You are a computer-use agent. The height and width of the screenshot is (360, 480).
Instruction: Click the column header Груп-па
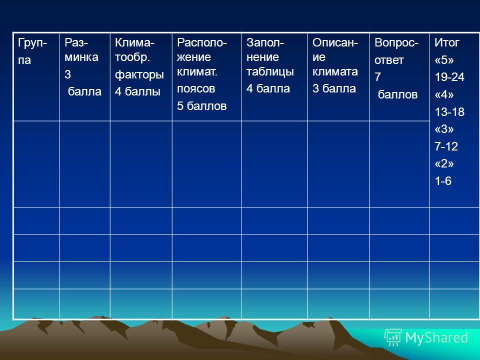32,51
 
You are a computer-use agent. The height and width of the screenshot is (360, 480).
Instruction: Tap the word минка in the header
81,57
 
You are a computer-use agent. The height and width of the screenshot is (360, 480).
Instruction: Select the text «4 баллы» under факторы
137,91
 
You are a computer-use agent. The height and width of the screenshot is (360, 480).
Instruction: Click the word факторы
139,74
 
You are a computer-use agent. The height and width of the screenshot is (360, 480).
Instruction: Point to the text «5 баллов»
201,106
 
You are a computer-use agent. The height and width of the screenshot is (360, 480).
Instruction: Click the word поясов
196,89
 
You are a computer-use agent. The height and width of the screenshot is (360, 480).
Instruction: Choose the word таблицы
270,72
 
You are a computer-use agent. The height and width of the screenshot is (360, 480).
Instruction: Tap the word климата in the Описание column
335,71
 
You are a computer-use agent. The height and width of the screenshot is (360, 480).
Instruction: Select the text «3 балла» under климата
334,88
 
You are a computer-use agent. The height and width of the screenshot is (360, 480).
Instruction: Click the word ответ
389,60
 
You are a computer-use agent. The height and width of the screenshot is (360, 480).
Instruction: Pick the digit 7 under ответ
378,77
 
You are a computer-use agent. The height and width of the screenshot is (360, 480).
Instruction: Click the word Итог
447,42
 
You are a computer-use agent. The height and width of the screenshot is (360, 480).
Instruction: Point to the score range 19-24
449,77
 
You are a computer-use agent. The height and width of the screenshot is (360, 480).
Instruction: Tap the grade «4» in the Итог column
444,94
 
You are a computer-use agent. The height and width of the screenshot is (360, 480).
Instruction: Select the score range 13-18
449,112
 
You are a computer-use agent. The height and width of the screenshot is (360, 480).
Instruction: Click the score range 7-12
446,146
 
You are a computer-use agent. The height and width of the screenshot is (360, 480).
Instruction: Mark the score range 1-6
443,181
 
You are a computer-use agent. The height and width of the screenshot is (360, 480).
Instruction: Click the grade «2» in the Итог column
444,164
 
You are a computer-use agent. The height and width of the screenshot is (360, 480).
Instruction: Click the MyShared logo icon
393,337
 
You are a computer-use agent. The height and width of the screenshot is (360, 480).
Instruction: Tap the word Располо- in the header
201,42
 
